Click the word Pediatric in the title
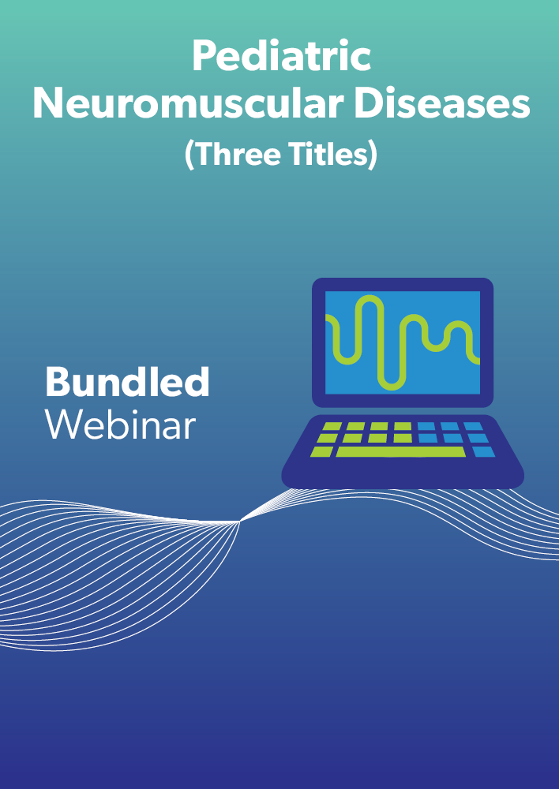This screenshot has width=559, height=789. (282, 56)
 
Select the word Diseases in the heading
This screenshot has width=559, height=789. (441, 104)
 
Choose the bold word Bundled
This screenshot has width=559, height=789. (127, 382)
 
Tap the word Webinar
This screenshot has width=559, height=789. (120, 425)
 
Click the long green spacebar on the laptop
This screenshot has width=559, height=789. (400, 452)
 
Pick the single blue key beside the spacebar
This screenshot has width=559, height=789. (483, 452)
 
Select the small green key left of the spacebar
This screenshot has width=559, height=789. (321, 452)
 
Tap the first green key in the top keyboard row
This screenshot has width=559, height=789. (332, 426)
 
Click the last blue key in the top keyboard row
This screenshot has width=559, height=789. (474, 426)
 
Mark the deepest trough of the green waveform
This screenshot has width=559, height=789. (392, 387)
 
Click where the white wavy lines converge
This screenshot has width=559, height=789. (239, 522)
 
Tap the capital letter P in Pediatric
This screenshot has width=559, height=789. (203, 56)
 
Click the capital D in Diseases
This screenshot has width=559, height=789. (368, 105)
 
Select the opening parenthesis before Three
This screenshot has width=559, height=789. (189, 154)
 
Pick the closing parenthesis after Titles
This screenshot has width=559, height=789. (373, 154)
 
